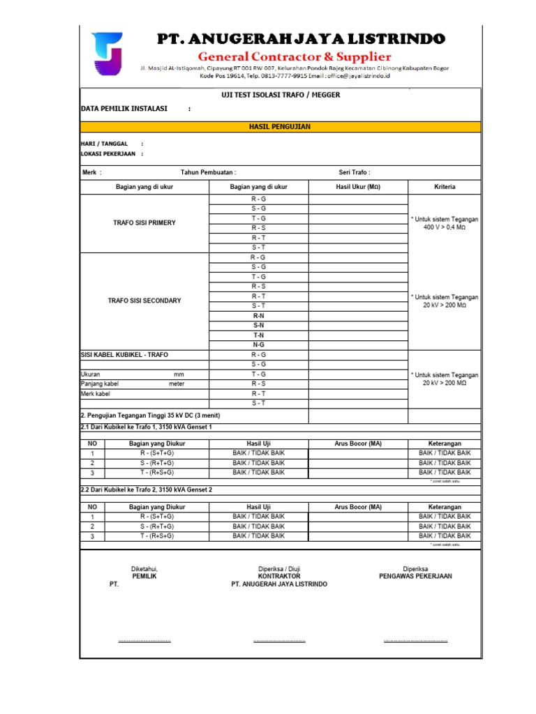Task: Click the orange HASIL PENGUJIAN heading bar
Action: (280, 127)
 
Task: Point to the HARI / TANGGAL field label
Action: (105, 144)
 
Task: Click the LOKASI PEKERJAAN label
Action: (108, 154)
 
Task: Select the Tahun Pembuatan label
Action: (208, 172)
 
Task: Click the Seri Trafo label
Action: (355, 172)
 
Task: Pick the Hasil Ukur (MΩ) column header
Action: (358, 187)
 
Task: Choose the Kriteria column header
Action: (445, 187)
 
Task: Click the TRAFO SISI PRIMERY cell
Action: (144, 223)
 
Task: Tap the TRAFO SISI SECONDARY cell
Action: (144, 301)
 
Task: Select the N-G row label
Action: (259, 344)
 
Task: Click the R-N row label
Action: (259, 316)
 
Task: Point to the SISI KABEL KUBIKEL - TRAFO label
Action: (124, 355)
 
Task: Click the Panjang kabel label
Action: (100, 384)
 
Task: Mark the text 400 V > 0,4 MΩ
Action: (445, 228)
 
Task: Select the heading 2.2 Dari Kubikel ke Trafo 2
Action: (147, 490)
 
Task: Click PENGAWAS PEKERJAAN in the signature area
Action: (415, 577)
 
